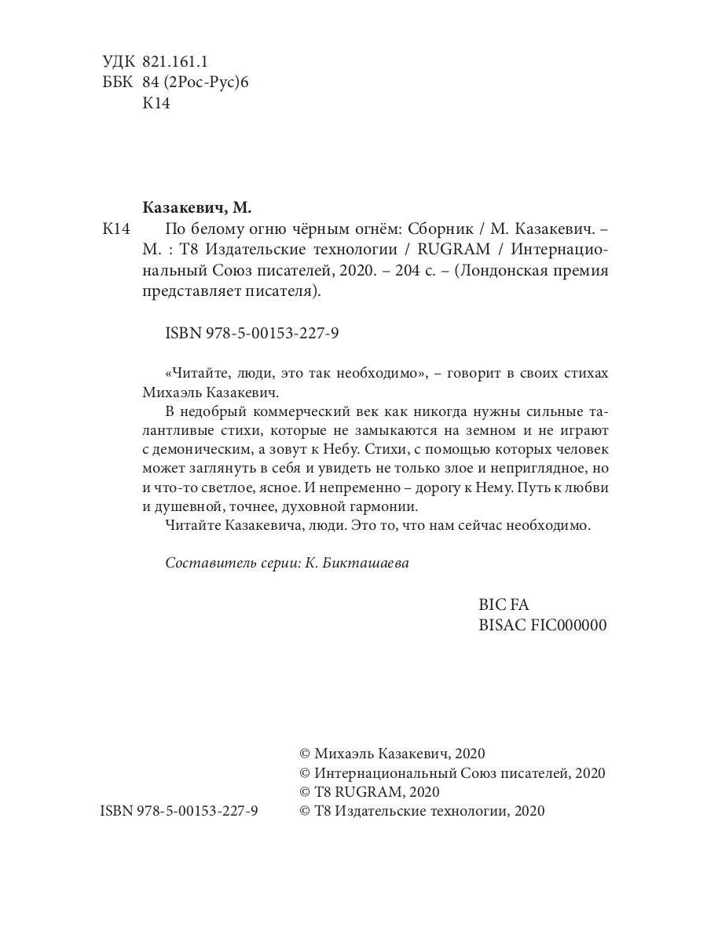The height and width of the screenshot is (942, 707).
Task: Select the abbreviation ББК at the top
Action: pyautogui.click(x=118, y=82)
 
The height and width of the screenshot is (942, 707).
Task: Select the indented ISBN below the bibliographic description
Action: pyautogui.click(x=252, y=333)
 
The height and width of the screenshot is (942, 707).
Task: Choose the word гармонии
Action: pyautogui.click(x=379, y=506)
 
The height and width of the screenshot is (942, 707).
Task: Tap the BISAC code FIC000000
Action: pyautogui.click(x=542, y=625)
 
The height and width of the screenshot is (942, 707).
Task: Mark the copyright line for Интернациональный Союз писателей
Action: pyautogui.click(x=452, y=772)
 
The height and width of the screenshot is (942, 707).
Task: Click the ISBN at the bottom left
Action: pyautogui.click(x=179, y=811)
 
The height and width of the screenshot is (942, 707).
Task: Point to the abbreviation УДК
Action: pyautogui.click(x=119, y=61)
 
